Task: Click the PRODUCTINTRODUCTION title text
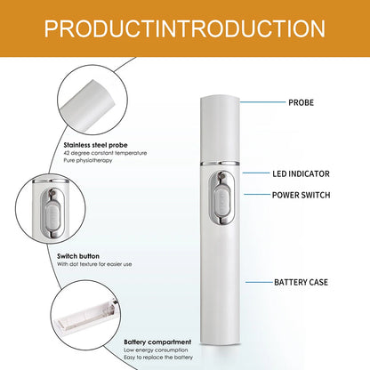coord(185,28)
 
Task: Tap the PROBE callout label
coord(301,103)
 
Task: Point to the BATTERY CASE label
coord(302,282)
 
